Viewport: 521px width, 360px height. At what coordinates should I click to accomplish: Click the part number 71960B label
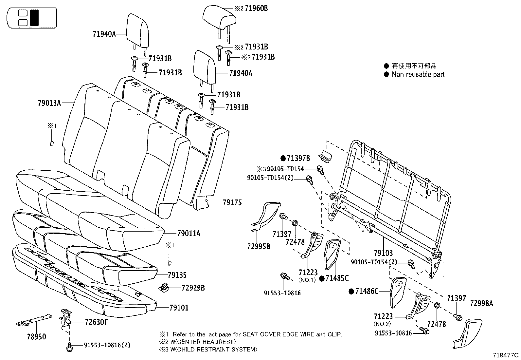(x=256, y=8)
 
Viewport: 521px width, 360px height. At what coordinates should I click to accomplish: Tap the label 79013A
(x=49, y=103)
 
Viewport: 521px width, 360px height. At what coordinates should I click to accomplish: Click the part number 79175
(x=232, y=202)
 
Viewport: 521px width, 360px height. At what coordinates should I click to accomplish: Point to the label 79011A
(x=188, y=234)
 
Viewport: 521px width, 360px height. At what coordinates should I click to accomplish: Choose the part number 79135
(x=177, y=275)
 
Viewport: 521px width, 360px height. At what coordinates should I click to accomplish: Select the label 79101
(x=179, y=308)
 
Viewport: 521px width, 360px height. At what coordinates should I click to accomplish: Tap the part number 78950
(x=36, y=336)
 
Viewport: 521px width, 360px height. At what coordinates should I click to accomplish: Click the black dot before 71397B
(x=283, y=158)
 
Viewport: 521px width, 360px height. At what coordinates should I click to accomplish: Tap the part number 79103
(x=383, y=253)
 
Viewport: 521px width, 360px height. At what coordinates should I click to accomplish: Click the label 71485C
(x=337, y=278)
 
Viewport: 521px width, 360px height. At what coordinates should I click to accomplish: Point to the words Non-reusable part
(x=418, y=74)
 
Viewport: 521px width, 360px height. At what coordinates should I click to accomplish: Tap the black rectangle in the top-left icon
(x=34, y=18)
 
